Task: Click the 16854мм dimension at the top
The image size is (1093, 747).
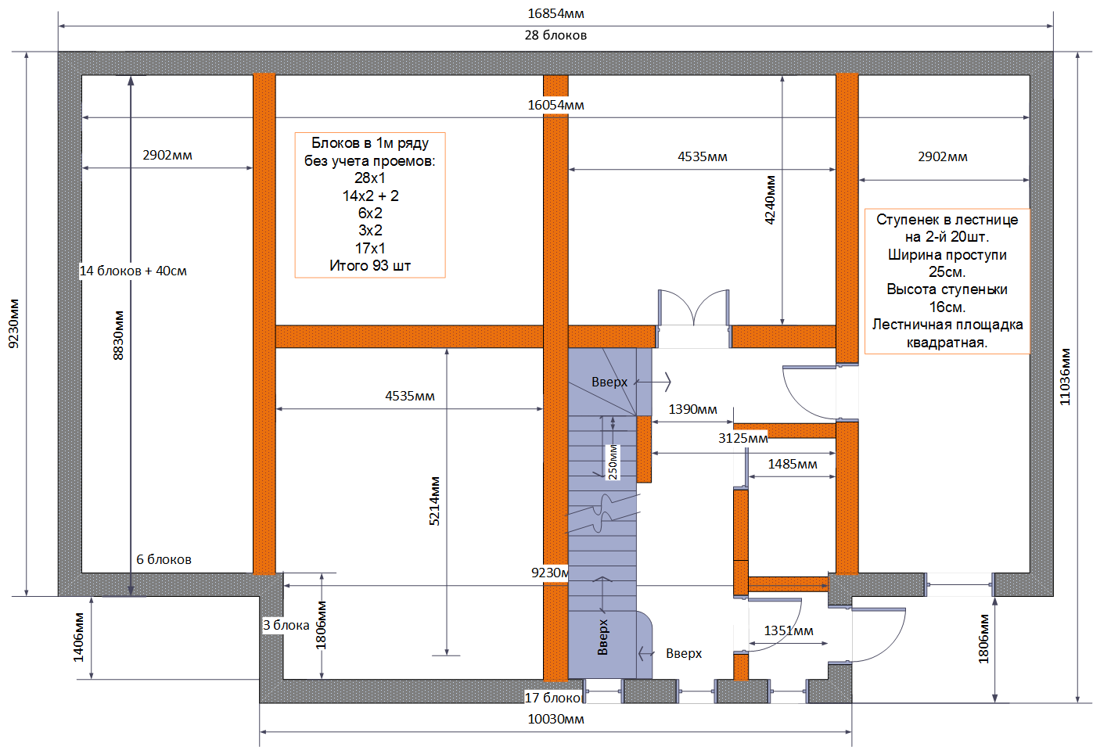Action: tap(555, 13)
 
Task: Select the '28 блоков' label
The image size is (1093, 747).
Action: tap(555, 35)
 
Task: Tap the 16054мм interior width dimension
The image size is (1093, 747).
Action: tap(555, 105)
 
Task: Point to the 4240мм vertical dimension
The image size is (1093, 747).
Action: tap(770, 200)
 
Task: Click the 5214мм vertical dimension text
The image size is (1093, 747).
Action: tap(434, 501)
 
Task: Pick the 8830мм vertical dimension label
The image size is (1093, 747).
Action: tap(119, 336)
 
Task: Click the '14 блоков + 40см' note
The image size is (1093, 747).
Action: tap(133, 271)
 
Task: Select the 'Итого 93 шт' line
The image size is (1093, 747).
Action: tap(370, 265)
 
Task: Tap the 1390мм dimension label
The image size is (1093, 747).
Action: tap(692, 409)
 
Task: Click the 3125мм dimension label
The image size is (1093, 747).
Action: tap(742, 438)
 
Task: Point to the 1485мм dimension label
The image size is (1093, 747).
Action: tap(793, 464)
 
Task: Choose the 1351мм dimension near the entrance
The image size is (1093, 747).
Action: tap(789, 631)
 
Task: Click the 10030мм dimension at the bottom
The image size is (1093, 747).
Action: tap(555, 719)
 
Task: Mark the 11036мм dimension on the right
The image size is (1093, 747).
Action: tap(1065, 377)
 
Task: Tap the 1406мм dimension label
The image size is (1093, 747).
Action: tap(78, 637)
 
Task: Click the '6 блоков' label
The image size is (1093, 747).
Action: tap(164, 559)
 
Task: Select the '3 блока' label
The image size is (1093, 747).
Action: tap(286, 625)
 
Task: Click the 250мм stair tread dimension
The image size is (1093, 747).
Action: tap(613, 462)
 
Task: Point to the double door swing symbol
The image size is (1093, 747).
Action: tap(693, 308)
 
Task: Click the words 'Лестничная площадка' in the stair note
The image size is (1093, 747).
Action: tap(947, 325)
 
